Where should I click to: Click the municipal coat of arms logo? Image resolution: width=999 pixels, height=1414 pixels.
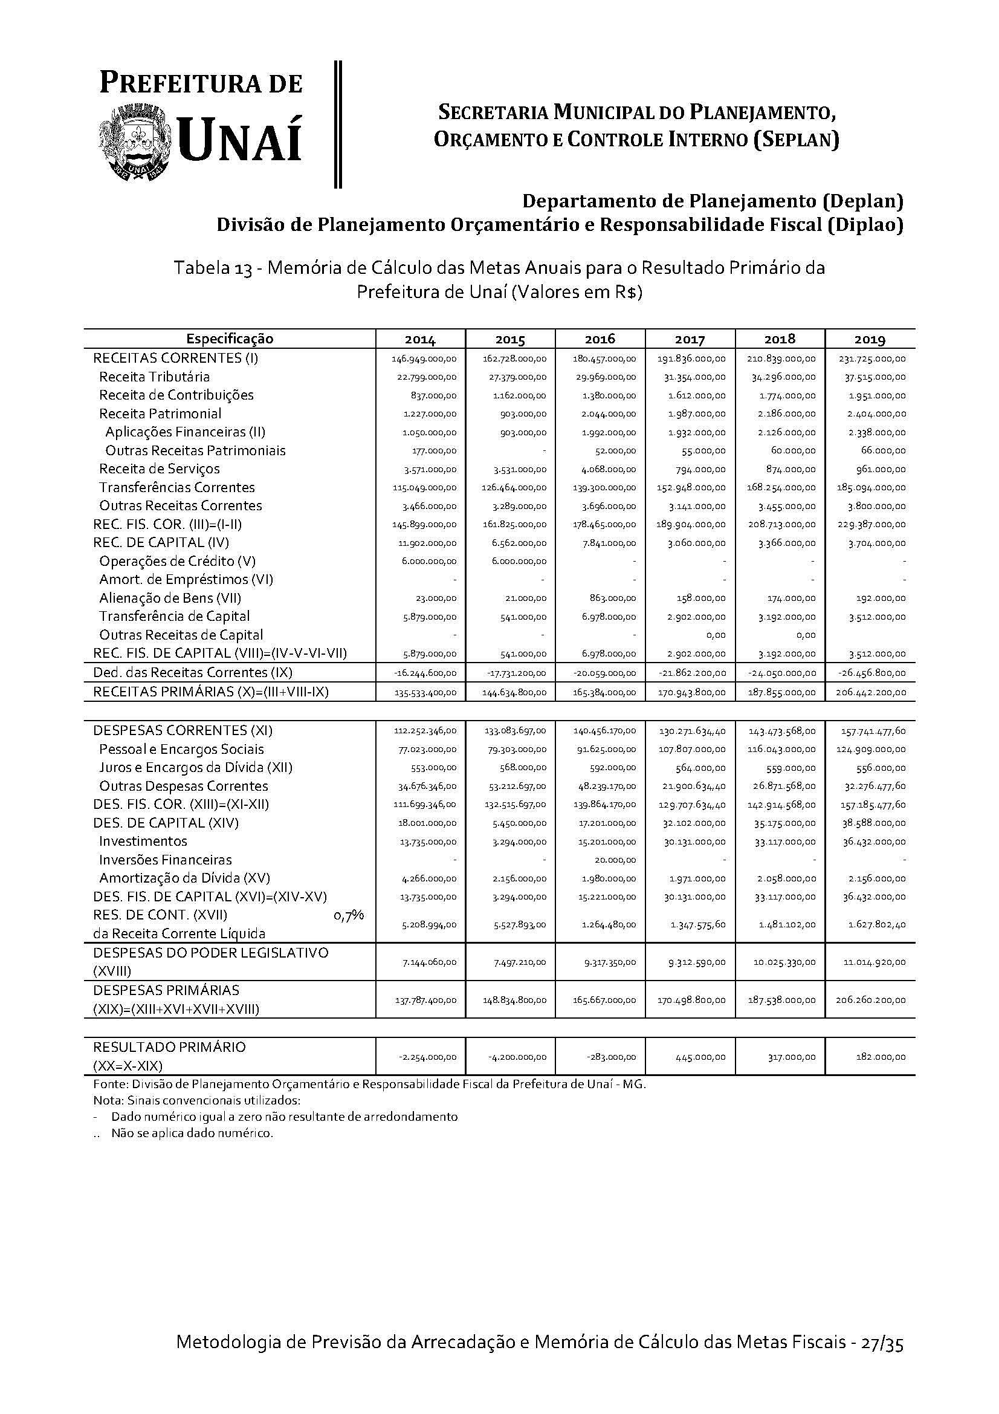pos(135,142)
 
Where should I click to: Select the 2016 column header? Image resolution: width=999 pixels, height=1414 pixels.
pos(600,339)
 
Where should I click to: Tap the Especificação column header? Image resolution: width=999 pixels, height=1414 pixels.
pos(230,339)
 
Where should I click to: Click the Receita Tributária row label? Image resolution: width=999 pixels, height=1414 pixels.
pos(155,377)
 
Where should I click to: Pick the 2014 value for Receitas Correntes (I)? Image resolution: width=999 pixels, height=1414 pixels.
pos(424,358)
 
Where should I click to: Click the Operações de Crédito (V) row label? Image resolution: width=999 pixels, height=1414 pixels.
pos(177,561)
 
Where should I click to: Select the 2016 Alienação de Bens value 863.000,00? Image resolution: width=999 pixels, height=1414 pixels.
pos(610,598)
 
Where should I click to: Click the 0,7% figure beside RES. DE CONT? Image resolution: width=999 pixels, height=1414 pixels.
pos(348,916)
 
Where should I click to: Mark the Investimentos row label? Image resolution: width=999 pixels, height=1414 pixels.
pos(143,842)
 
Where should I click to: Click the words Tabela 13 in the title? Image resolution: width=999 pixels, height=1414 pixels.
pos(213,268)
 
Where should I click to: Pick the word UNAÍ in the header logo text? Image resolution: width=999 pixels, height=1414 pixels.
pos(241,141)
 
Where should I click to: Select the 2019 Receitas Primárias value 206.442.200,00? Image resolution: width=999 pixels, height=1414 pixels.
pos(870,692)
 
